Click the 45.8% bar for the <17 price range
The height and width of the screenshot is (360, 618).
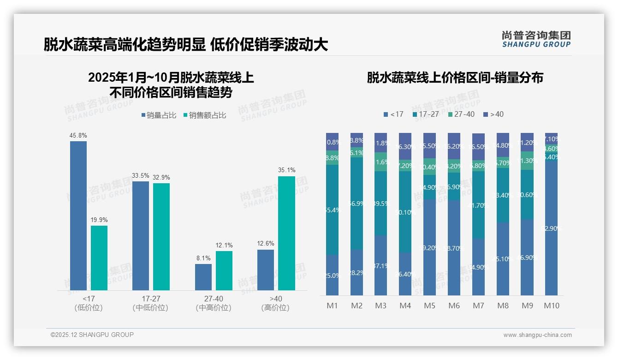[78, 216]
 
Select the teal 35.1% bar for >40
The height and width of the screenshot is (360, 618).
[286, 233]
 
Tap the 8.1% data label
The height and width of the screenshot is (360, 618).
[203, 258]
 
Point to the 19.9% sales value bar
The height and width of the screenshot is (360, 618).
[99, 258]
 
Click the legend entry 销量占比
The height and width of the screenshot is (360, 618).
[159, 115]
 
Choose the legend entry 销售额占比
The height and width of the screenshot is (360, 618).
[205, 115]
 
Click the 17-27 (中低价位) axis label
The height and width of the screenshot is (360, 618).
[150, 303]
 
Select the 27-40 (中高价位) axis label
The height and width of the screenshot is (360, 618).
[213, 303]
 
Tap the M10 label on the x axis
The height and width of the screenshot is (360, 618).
[551, 306]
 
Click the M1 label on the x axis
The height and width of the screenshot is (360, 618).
[332, 306]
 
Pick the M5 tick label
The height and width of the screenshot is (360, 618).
[429, 306]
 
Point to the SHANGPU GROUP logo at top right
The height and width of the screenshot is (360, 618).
[536, 39]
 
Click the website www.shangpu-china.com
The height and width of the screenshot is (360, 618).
[537, 335]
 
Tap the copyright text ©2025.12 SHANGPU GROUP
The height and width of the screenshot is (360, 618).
[92, 335]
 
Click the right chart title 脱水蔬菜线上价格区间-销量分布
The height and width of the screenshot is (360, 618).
[455, 78]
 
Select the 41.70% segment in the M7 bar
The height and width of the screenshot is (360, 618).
[478, 205]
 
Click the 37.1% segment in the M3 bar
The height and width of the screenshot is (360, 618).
[380, 265]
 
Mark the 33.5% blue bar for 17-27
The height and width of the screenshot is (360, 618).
[141, 235]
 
